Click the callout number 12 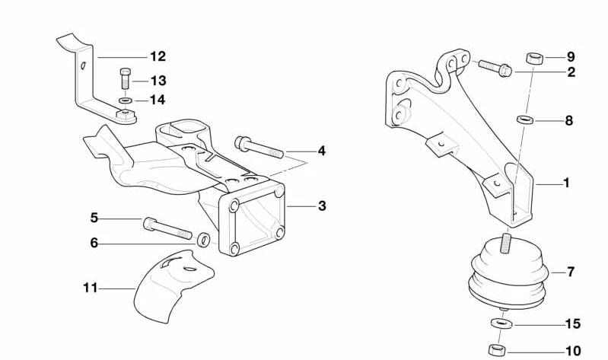click(158, 56)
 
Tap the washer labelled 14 click(126, 101)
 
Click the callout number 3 click(322, 206)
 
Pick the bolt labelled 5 click(167, 228)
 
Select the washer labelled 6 click(204, 240)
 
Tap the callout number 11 click(90, 288)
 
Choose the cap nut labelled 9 click(534, 59)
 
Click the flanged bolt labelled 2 click(495, 68)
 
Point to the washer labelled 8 click(524, 119)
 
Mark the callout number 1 click(566, 183)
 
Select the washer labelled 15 click(501, 323)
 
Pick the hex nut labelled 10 click(497, 349)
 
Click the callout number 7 click(571, 272)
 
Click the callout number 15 click(573, 323)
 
